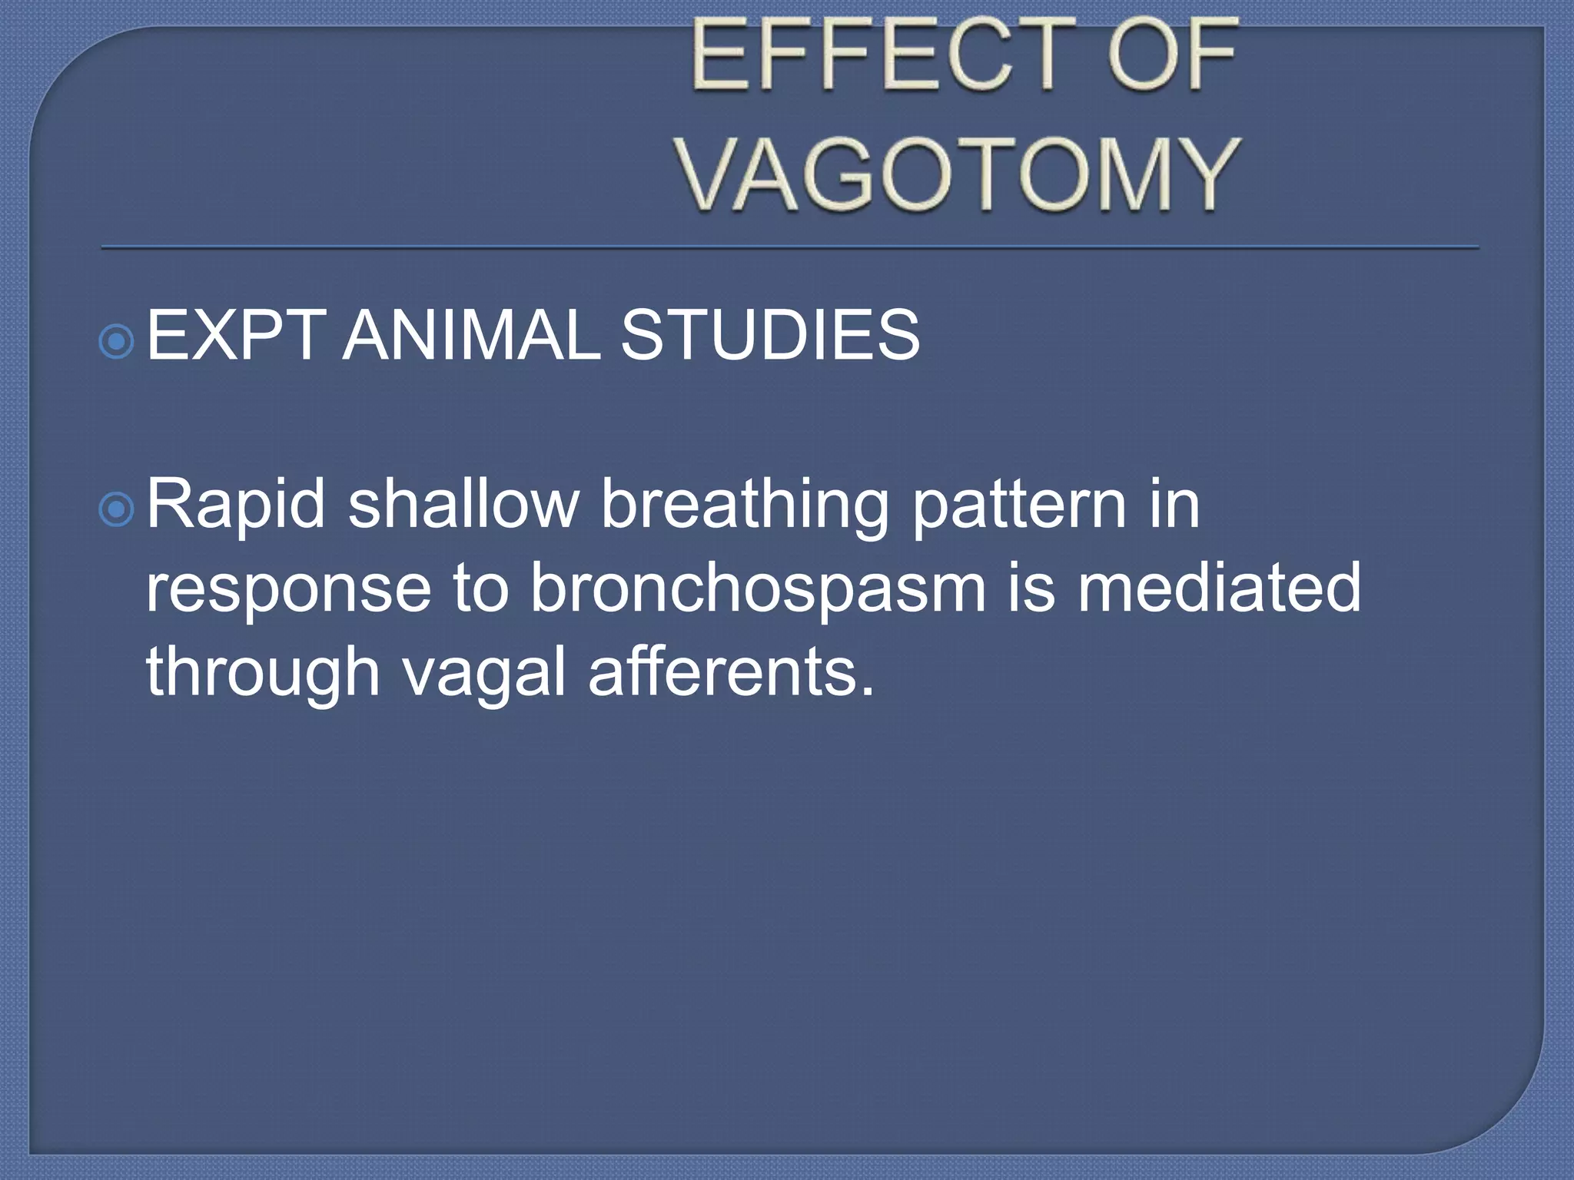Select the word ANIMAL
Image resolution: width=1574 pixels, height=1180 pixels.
tap(471, 336)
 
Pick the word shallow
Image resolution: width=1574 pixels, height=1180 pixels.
tap(463, 505)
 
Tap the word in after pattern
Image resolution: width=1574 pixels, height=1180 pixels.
tap(1175, 505)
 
